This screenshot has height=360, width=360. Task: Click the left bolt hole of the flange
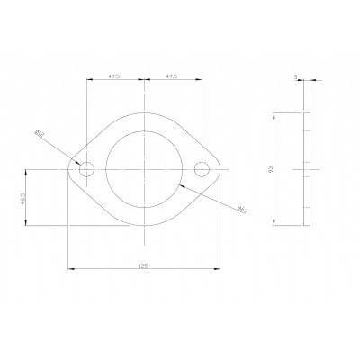pyautogui.click(x=86, y=168)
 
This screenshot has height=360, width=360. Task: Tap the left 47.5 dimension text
pyautogui.click(x=115, y=76)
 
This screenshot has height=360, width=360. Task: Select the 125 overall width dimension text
pyautogui.click(x=145, y=265)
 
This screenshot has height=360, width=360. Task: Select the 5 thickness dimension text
pyautogui.click(x=296, y=77)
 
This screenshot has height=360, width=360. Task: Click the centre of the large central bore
pyautogui.click(x=145, y=168)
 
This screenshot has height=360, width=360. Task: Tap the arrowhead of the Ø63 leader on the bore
pyautogui.click(x=181, y=184)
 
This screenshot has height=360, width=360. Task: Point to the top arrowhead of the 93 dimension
pyautogui.click(x=276, y=114)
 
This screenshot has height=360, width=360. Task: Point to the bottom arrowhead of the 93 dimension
pyautogui.click(x=276, y=222)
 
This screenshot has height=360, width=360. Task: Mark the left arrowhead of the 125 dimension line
pyautogui.click(x=69, y=269)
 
